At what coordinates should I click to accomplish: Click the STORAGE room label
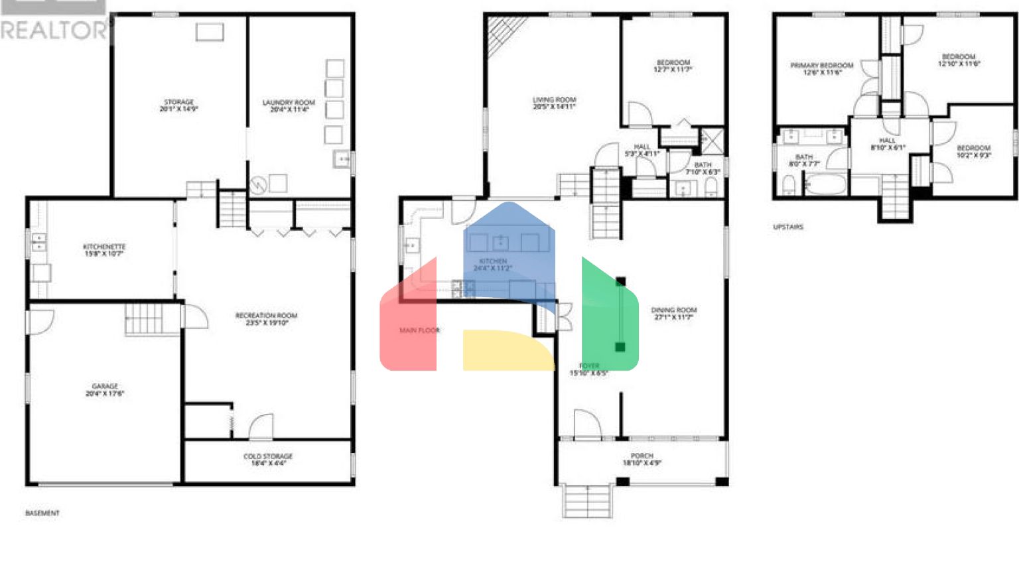178,105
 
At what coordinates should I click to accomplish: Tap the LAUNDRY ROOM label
289,105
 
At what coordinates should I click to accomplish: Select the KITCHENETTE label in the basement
104,249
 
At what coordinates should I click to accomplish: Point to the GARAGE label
105,389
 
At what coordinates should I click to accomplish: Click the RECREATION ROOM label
266,319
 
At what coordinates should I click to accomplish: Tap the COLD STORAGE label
267,460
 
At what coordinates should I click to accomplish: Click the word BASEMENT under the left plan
42,513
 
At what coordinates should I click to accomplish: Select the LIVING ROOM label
554,103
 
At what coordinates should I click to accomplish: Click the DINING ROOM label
673,313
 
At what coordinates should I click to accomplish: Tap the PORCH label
642,459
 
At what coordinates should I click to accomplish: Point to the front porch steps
587,501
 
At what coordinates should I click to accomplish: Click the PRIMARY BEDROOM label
821,68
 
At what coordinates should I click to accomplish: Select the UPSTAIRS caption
787,227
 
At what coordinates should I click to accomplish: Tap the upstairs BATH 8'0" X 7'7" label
803,160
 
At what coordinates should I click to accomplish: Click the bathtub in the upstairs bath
825,183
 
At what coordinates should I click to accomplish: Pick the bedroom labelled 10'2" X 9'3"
973,151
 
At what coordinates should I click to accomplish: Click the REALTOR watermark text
53,31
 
